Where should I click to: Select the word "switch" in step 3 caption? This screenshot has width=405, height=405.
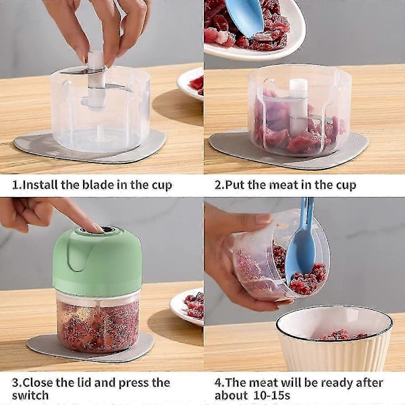[30, 395]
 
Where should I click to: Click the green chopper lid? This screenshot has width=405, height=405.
[97, 261]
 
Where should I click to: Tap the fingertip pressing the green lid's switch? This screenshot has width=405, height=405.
[97, 228]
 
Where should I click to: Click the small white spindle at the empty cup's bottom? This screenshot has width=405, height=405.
[101, 132]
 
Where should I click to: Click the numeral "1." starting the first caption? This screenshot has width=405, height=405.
[17, 185]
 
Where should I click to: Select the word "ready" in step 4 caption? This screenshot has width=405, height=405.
[340, 383]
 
